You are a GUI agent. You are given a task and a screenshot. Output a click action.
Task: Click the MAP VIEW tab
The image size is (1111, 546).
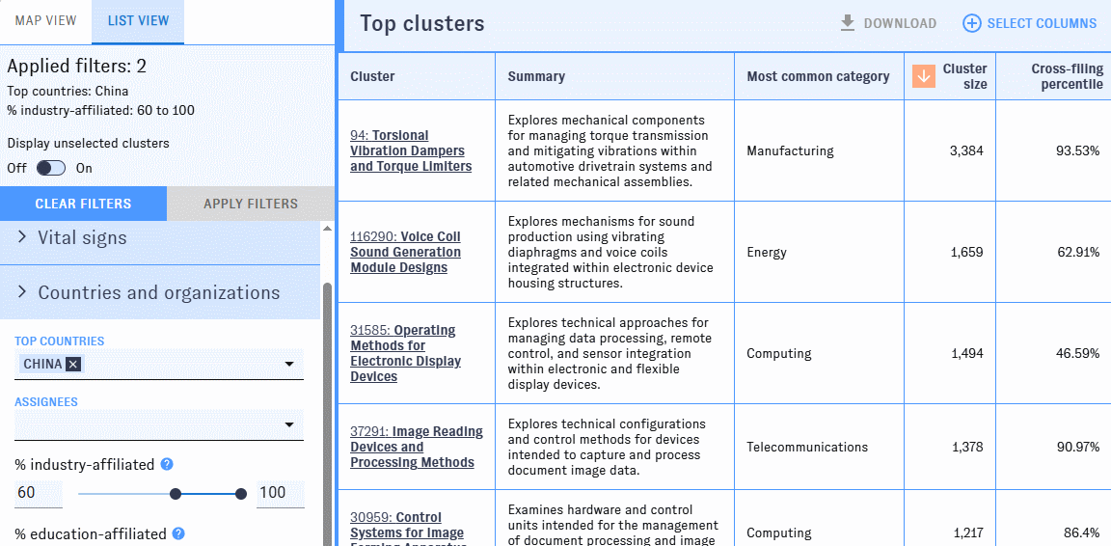point(45,20)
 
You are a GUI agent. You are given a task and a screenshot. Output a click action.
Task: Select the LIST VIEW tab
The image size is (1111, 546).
point(138,20)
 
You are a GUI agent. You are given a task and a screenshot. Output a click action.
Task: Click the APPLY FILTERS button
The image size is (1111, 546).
point(251,204)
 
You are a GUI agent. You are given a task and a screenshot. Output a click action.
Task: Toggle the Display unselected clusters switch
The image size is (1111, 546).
point(51,168)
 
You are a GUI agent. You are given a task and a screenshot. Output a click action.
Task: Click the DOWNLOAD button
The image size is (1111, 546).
point(888,23)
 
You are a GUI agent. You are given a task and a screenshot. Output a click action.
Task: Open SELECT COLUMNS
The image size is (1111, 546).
point(1030,23)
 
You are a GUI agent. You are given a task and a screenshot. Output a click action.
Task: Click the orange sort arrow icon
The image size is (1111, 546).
point(924,76)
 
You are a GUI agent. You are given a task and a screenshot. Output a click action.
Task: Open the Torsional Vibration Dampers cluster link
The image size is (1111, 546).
point(411,151)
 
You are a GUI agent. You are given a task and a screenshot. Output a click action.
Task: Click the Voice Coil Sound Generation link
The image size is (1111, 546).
point(405,252)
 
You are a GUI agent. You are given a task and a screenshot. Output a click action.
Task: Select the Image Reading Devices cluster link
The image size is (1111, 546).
point(417,447)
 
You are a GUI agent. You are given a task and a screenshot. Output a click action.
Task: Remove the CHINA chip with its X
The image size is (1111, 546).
point(73,364)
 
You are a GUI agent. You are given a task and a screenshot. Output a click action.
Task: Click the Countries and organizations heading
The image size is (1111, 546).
point(159,292)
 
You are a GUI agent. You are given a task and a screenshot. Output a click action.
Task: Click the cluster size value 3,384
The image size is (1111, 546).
point(966,151)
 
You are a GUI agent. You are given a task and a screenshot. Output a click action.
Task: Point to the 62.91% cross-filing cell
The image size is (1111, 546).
point(1078,252)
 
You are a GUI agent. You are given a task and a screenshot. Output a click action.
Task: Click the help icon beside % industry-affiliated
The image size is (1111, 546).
point(167,464)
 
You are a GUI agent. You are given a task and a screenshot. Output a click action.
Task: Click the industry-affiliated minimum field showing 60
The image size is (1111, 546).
point(39,493)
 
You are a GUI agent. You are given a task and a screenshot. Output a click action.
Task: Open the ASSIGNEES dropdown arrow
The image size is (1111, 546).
point(289,424)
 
